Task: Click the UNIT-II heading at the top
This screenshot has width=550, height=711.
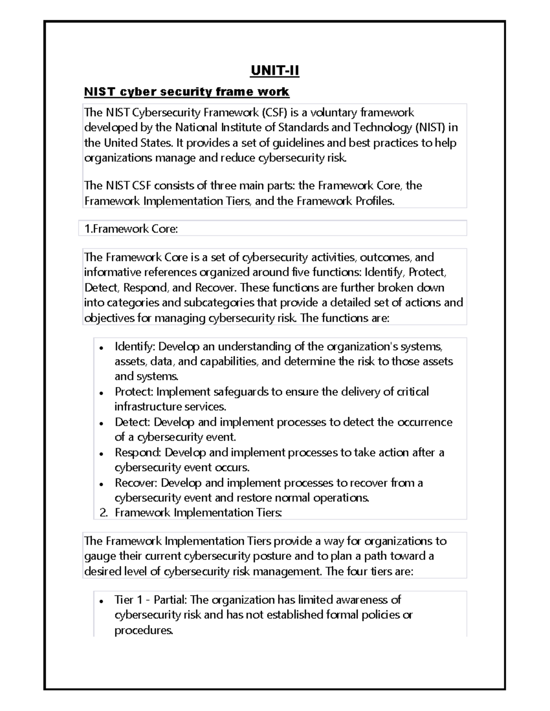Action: [275, 71]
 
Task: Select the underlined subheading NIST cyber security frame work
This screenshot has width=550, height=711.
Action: [187, 92]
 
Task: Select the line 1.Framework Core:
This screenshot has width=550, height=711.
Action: [131, 229]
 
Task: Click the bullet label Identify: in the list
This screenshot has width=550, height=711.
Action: [135, 347]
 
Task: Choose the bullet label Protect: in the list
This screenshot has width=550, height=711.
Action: [134, 392]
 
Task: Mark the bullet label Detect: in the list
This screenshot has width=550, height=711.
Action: [132, 422]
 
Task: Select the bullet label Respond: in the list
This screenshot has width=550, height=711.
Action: [138, 453]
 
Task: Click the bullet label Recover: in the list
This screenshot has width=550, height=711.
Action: [136, 483]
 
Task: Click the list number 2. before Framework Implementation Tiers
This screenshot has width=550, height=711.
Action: [104, 513]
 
